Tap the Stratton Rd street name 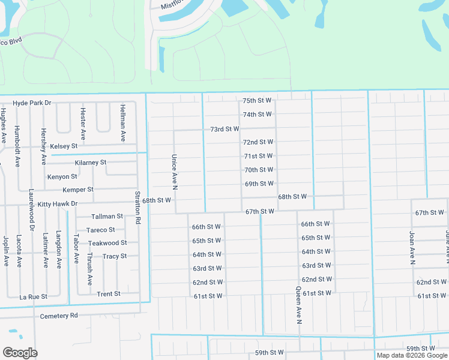point(138,208)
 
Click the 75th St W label point(257,101)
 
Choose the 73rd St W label point(224,129)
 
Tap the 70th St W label point(259,170)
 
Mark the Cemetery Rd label point(59,316)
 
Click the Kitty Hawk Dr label point(58,204)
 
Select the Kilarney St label point(91,163)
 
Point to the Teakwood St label point(107,243)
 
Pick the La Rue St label point(33,297)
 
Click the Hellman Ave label point(122,123)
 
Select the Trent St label point(109,294)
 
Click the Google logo point(20,353)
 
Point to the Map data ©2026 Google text point(411,355)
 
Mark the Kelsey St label point(64,146)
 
